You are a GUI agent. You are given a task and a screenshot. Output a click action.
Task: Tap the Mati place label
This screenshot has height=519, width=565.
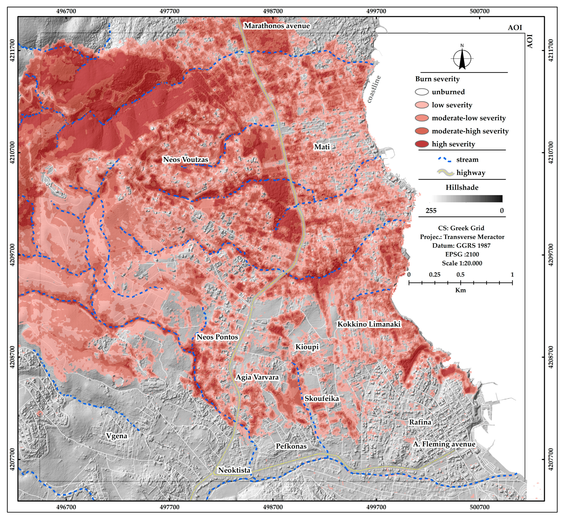tap(322, 147)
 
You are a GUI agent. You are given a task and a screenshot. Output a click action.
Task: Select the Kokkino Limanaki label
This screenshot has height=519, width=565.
tap(369, 324)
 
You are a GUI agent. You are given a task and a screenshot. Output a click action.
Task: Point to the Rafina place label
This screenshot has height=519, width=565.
tap(420, 422)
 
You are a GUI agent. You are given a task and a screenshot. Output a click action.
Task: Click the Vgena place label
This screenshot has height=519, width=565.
tap(117, 436)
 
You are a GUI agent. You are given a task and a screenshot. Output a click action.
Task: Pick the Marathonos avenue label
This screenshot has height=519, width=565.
tap(277, 26)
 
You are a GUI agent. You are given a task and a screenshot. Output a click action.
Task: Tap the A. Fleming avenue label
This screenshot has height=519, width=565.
tap(444, 444)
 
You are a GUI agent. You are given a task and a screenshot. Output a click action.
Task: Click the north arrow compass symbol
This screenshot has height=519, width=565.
tap(462, 58)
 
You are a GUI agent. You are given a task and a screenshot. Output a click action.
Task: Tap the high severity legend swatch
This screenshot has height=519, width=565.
tap(422, 144)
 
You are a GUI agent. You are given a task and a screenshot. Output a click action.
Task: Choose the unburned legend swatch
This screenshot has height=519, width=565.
tap(422, 92)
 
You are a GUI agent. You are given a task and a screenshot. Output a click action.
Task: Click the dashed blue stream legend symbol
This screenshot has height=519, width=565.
tap(444, 160)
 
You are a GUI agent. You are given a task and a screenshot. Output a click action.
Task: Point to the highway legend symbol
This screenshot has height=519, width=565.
tap(445, 173)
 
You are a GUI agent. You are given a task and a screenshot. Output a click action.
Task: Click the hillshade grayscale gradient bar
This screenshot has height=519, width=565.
tap(466, 199)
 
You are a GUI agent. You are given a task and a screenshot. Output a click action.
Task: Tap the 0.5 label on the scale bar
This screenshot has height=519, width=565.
tap(460, 275)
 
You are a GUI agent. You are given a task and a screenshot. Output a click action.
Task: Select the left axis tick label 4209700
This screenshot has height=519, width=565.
tap(12, 255)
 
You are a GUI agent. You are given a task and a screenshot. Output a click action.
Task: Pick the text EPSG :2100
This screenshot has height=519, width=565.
tap(462, 254)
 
